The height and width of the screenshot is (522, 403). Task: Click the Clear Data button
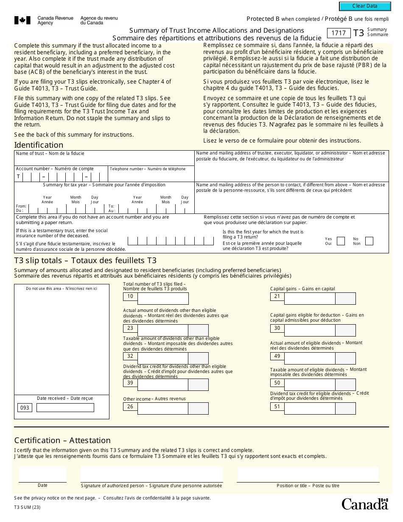point(365,6)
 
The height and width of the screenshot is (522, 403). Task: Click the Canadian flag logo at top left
point(22,20)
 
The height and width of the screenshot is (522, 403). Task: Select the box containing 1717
point(339,33)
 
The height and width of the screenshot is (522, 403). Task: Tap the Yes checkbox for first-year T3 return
point(341,241)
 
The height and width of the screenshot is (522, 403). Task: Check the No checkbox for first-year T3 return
point(369,241)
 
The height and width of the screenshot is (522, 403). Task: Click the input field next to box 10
point(163,299)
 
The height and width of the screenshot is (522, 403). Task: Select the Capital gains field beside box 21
point(310,299)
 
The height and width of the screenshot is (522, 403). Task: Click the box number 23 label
point(130,328)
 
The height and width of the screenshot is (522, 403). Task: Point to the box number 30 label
point(277,328)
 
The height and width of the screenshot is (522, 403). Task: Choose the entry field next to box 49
point(310,359)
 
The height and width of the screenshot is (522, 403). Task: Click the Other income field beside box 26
point(163,408)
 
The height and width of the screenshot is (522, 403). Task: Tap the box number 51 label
point(277,407)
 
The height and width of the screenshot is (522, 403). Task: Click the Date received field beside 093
point(65,408)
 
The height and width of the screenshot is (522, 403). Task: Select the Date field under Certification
point(42,474)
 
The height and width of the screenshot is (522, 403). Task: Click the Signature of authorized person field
point(151,474)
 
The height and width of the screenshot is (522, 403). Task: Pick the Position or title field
point(308,474)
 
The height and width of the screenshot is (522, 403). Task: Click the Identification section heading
point(39,145)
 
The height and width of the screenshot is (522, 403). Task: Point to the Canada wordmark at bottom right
point(365,504)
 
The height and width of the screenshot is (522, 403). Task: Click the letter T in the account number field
point(18,177)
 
